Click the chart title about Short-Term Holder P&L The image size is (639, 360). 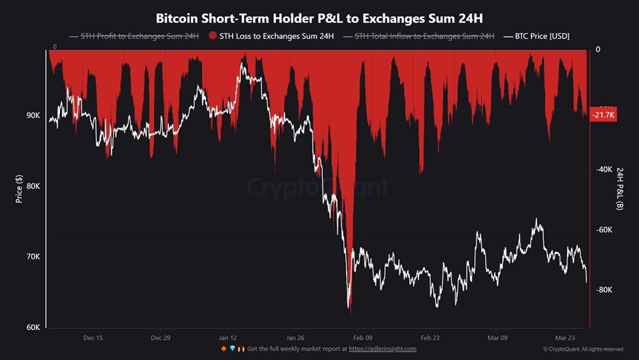[x=319, y=17]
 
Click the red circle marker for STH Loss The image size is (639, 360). [x=213, y=36]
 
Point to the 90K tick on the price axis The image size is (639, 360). [x=33, y=116]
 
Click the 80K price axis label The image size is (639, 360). [x=33, y=187]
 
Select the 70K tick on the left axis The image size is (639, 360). [x=33, y=257]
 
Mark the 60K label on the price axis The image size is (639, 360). [x=33, y=327]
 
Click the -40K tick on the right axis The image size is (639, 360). [x=604, y=169]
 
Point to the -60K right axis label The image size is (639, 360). [x=604, y=230]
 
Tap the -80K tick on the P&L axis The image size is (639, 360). [x=604, y=290]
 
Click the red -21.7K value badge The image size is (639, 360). [x=603, y=115]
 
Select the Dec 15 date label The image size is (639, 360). [x=93, y=338]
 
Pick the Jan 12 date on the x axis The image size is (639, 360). [x=228, y=338]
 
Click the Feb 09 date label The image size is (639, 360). [x=362, y=338]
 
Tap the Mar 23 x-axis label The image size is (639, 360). [x=565, y=338]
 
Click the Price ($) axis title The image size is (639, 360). [x=19, y=189]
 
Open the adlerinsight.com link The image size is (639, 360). [x=383, y=349]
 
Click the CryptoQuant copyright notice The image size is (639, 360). [x=583, y=349]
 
